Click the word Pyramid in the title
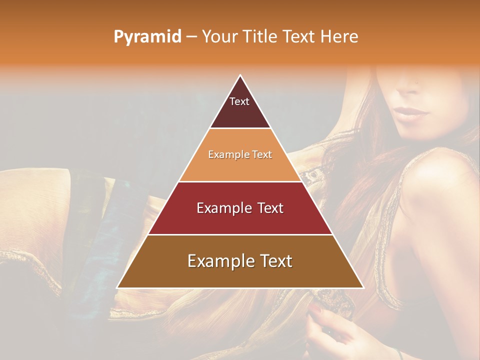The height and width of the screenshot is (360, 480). click(147, 37)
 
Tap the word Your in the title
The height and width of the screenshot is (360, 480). click(219, 36)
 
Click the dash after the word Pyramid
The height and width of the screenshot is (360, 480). click(191, 37)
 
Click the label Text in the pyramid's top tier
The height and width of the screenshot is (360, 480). click(239, 101)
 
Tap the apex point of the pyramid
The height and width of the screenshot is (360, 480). click(240, 75)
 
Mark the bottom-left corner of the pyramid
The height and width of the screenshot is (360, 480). click(117, 288)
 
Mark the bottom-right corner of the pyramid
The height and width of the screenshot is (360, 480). click(363, 288)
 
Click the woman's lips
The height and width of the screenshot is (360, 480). click(410, 113)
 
